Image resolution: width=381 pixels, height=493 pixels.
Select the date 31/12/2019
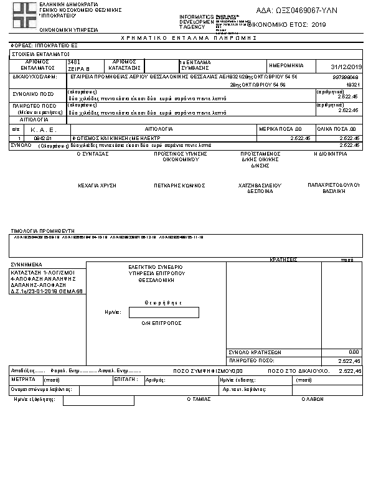[347, 67]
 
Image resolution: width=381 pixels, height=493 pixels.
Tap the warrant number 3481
[73, 62]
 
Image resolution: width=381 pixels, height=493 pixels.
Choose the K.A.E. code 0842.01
[41, 138]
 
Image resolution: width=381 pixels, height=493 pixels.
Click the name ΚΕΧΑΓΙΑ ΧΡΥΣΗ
[93, 185]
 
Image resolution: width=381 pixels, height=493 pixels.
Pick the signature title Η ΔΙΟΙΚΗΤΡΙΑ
[330, 153]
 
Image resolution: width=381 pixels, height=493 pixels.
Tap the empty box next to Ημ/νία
[164, 312]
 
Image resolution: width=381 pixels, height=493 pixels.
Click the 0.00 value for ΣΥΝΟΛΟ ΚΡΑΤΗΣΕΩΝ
[354, 352]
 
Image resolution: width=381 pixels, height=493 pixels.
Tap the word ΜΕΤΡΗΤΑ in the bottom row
[24, 378]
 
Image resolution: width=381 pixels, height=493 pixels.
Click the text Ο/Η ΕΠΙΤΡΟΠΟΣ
[161, 324]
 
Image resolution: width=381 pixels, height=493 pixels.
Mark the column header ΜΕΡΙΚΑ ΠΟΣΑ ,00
[291, 129]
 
